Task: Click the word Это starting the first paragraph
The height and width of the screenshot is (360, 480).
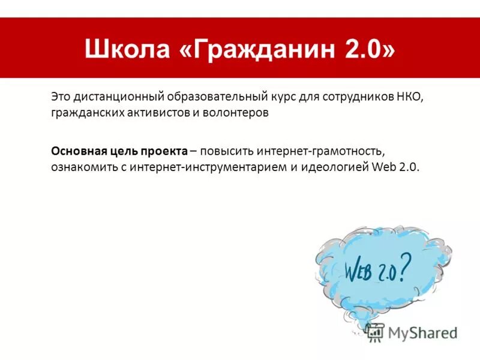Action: (x=61, y=97)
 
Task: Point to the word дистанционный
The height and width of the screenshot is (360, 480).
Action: (x=120, y=97)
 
